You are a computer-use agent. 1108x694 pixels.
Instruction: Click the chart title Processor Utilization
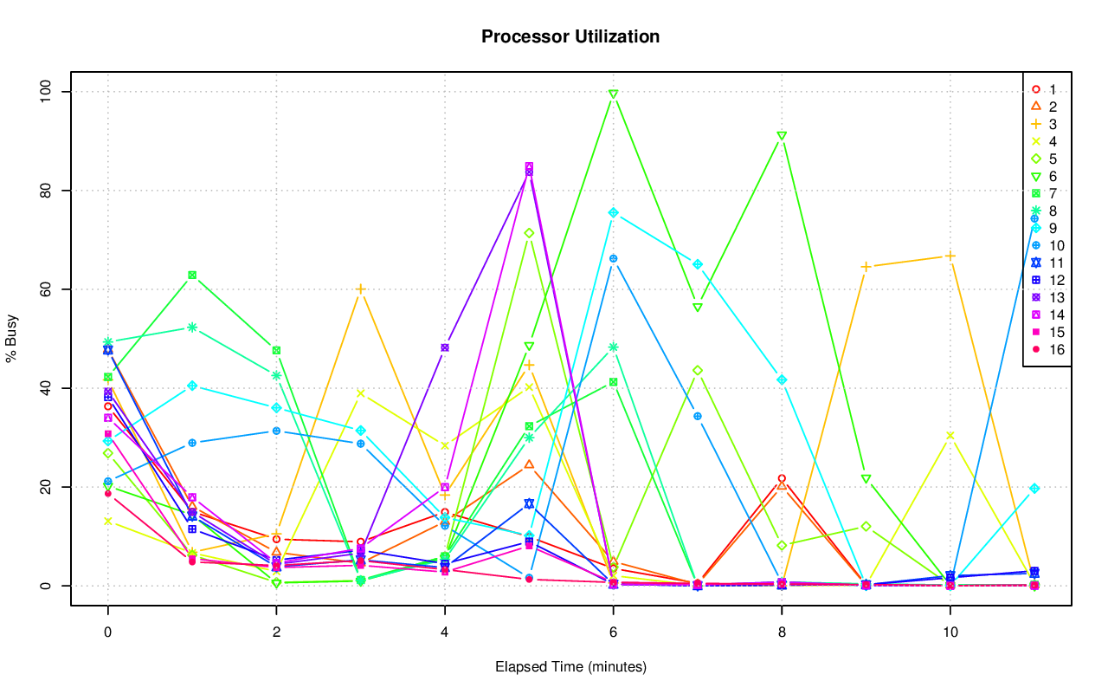click(570, 36)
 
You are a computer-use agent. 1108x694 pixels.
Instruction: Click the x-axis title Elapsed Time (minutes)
click(570, 667)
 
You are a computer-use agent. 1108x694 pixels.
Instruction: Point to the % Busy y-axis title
click(12, 338)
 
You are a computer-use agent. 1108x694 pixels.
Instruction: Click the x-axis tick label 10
click(950, 633)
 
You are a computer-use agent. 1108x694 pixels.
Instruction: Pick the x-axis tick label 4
click(444, 633)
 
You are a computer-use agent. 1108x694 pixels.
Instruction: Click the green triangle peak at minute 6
click(613, 94)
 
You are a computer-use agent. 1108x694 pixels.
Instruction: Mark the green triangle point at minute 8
click(782, 136)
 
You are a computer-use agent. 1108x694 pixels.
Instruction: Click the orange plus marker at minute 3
click(360, 289)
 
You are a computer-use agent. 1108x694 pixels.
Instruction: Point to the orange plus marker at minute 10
click(950, 256)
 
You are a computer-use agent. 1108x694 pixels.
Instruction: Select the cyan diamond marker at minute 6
click(613, 212)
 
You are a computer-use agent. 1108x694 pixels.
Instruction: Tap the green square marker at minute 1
click(192, 276)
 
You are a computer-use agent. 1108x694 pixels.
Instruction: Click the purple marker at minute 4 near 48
click(445, 347)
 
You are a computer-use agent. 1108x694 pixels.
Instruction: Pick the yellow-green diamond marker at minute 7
click(697, 371)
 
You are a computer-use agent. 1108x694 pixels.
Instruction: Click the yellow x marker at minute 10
click(950, 436)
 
